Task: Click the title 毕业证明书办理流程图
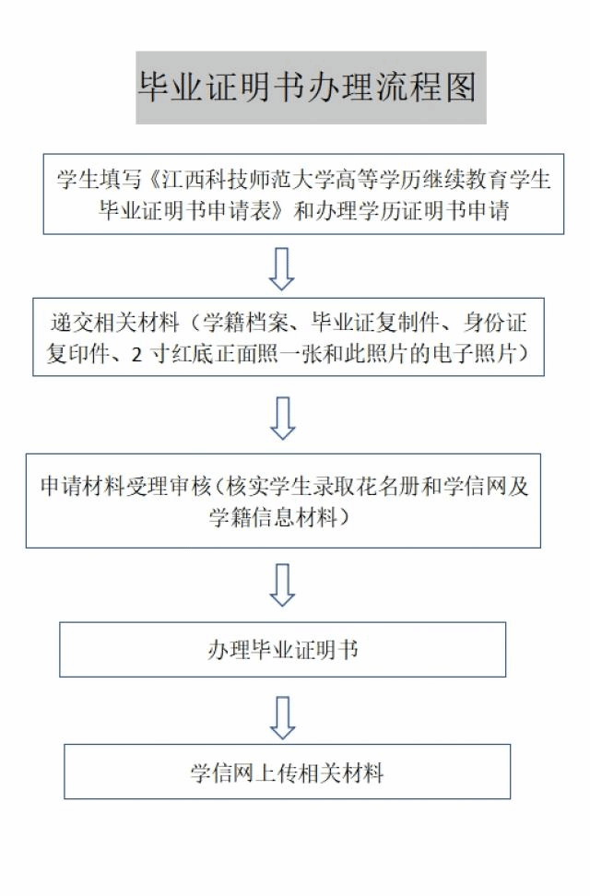click(x=307, y=88)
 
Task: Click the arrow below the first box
click(x=282, y=268)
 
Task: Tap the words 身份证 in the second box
click(x=495, y=323)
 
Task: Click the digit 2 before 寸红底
click(x=136, y=355)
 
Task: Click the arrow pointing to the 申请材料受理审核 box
click(x=282, y=419)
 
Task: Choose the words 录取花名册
click(x=370, y=487)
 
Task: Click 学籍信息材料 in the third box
click(x=273, y=518)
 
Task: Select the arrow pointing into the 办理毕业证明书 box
click(x=282, y=585)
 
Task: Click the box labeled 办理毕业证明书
click(x=282, y=650)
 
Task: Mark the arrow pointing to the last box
click(x=282, y=718)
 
